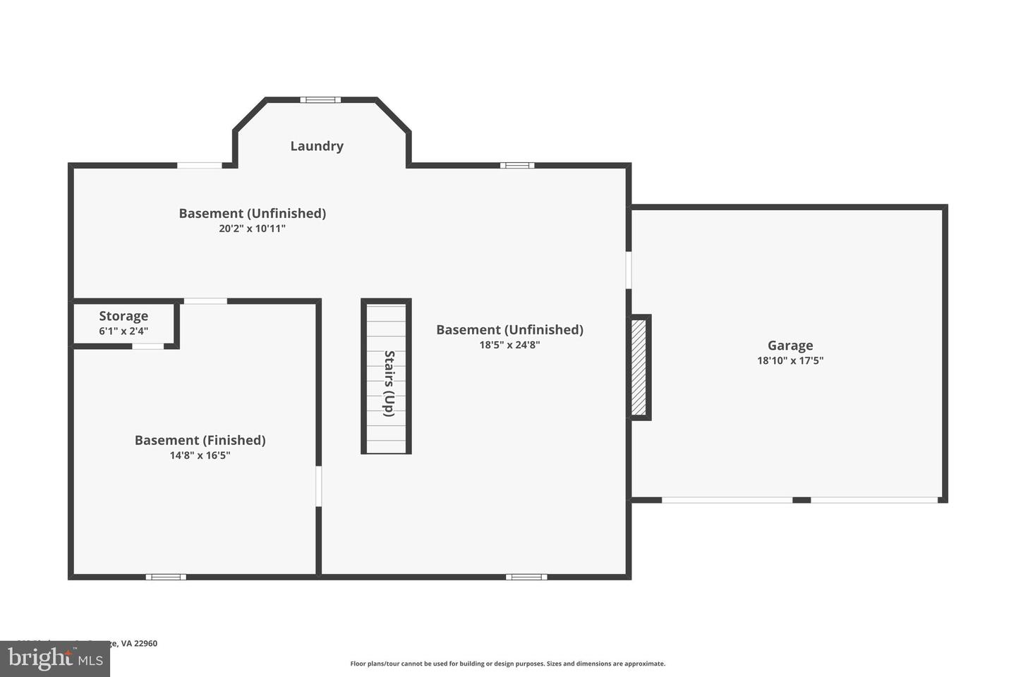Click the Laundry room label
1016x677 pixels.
click(317, 146)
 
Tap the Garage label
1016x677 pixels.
click(790, 346)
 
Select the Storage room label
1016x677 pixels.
click(123, 316)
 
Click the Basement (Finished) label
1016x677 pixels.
click(200, 440)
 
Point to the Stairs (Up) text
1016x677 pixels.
click(388, 383)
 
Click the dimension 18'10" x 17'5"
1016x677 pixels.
click(790, 360)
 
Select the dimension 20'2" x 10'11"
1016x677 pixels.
click(252, 228)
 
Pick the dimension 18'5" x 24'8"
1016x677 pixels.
click(509, 345)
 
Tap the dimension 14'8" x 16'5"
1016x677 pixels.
click(200, 456)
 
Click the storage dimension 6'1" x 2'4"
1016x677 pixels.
click(123, 331)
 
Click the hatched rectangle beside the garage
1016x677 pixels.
click(639, 367)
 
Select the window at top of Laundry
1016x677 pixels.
click(320, 99)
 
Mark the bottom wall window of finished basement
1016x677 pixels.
click(166, 577)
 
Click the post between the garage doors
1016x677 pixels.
click(802, 500)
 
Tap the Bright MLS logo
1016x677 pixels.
click(55, 659)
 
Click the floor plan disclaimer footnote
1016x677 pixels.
click(507, 664)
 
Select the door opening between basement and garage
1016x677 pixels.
click(629, 270)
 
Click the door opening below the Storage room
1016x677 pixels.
click(148, 346)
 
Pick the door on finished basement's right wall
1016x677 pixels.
click(318, 486)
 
